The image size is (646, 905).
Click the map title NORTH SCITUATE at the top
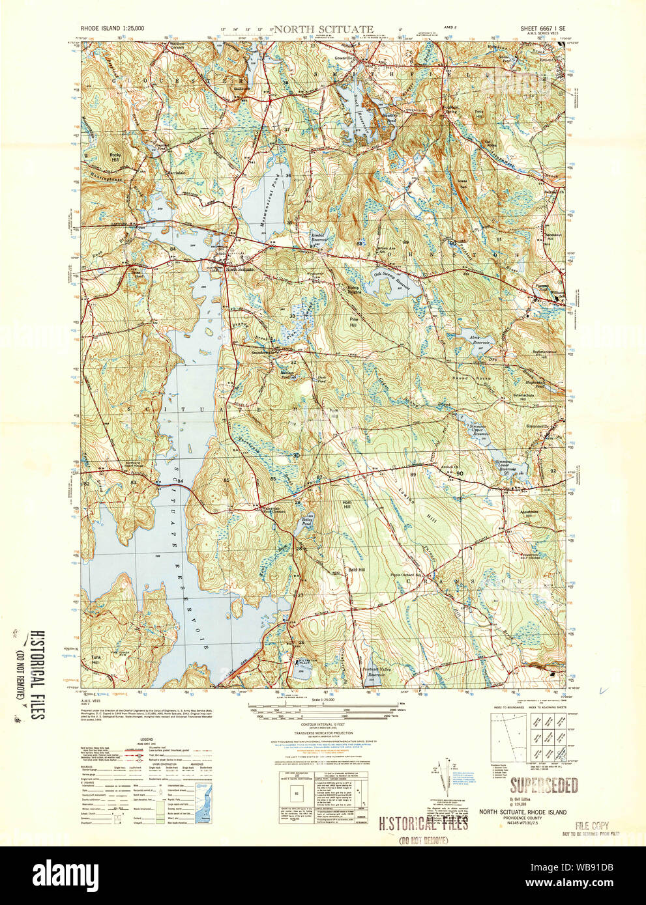point(323,29)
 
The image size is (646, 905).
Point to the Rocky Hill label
point(115,157)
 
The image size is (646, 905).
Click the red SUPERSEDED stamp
point(544,785)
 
